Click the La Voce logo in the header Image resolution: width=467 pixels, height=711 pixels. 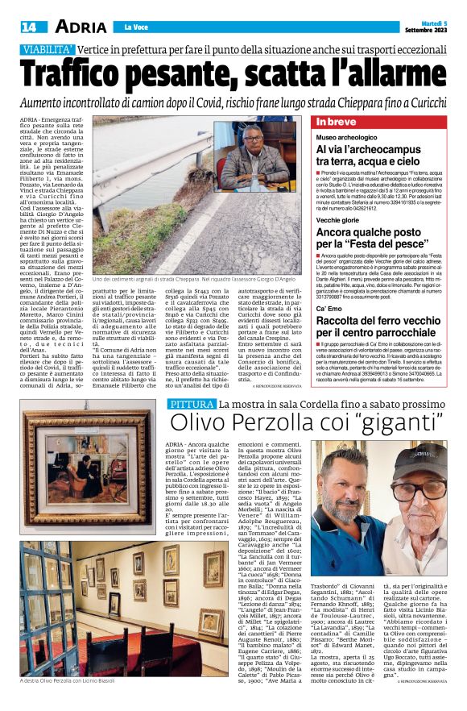(134, 27)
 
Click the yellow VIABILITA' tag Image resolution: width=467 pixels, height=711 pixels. (48, 50)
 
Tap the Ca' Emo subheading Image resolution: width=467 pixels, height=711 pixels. (331, 309)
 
